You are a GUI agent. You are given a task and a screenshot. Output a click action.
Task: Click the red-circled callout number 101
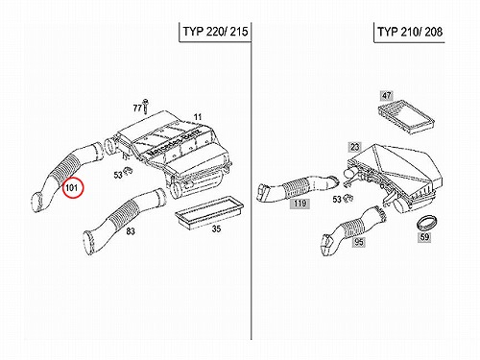[73, 187]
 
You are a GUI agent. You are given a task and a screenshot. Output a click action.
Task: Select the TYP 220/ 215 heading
[215, 32]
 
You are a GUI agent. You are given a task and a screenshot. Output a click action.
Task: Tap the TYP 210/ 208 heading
[410, 32]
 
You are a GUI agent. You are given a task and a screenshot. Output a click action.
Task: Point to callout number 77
[137, 108]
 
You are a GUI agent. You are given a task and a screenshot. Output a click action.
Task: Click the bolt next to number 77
[146, 106]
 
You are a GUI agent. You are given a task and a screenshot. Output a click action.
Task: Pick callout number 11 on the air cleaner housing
[198, 117]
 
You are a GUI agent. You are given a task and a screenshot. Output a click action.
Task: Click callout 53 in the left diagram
[118, 175]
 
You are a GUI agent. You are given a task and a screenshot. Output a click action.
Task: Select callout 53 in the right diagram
[337, 200]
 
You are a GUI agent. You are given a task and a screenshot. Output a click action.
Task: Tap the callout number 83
[131, 230]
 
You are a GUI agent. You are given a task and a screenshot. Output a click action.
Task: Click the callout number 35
[216, 228]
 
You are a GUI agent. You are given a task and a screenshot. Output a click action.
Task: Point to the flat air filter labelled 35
[209, 212]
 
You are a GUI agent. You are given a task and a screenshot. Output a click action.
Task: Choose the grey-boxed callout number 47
[387, 95]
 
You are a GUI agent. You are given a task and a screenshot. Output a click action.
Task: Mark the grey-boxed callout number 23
[355, 147]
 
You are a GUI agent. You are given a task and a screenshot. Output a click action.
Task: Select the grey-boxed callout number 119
[300, 204]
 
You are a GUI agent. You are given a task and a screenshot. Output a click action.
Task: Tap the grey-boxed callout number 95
[359, 242]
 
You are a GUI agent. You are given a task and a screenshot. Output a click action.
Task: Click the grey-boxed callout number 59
[424, 237]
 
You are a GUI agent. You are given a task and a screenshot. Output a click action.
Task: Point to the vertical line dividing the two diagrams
[252, 180]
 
